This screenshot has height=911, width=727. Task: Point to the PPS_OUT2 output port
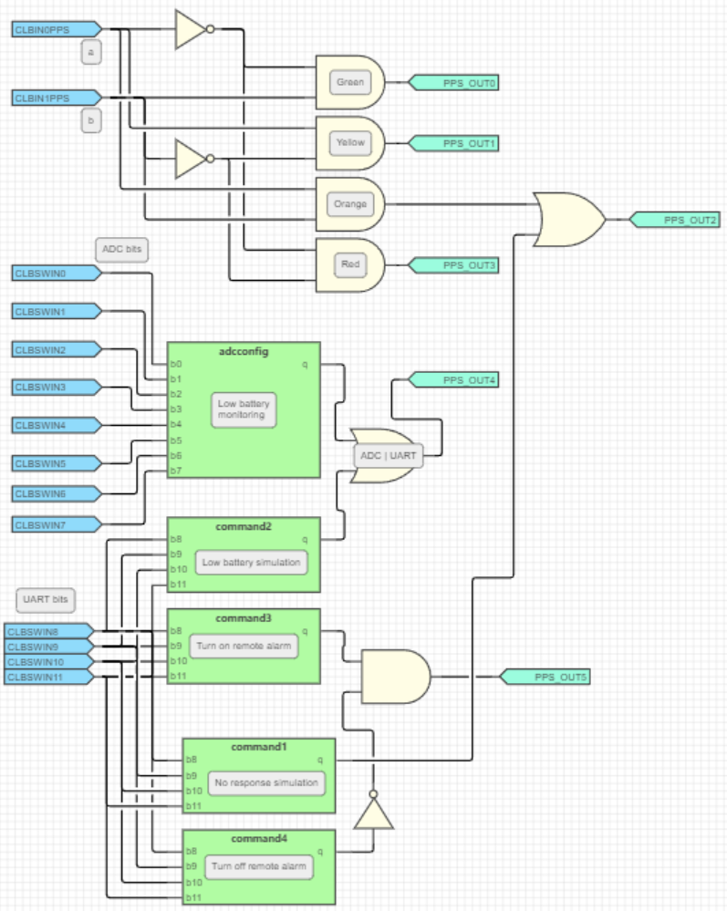(x=674, y=220)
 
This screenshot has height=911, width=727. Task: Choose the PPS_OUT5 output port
(x=545, y=677)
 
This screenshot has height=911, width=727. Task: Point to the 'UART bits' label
(x=46, y=599)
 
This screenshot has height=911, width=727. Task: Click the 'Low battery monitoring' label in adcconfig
(x=244, y=409)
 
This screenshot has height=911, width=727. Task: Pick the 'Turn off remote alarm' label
(x=258, y=865)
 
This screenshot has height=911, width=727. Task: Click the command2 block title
(x=244, y=526)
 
